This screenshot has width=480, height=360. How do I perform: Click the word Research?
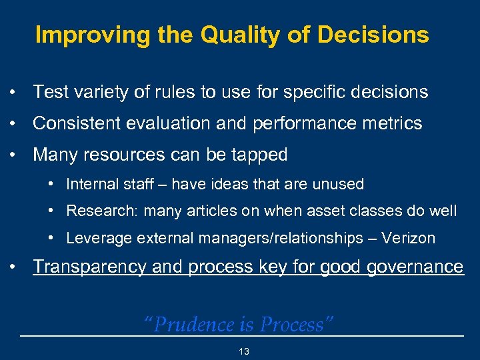[x=95, y=211]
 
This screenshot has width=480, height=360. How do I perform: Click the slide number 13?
[x=244, y=351]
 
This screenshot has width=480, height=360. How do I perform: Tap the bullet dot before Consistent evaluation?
[x=13, y=124]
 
